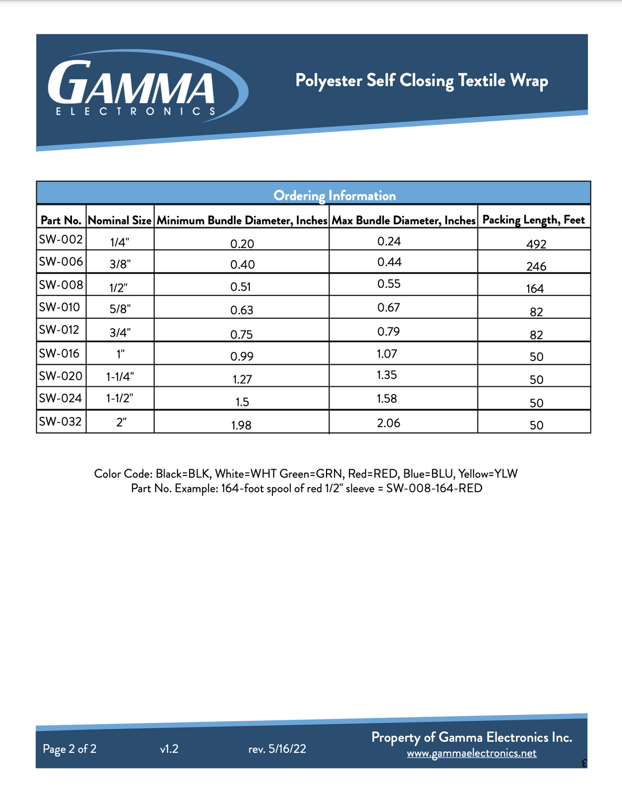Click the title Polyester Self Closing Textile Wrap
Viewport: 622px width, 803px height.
pos(422,81)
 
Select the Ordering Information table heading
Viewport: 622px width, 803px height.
pos(335,196)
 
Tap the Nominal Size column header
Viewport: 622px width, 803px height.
pos(120,220)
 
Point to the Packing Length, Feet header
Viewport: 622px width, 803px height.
pos(533,220)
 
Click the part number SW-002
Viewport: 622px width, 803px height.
pos(61,239)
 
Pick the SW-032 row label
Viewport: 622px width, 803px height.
pos(60,421)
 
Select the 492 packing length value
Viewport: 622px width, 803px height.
pos(536,244)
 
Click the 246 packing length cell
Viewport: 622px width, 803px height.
pos(536,267)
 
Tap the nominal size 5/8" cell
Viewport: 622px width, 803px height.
pos(120,309)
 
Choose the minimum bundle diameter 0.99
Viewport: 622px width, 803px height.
pos(242,356)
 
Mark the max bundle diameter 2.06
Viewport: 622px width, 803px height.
pos(389,423)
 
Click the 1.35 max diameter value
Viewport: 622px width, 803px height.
pos(387,375)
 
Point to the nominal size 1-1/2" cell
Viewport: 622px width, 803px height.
pos(120,398)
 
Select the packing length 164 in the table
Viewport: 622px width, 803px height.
pos(535,289)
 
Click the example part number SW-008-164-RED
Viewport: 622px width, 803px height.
pos(434,488)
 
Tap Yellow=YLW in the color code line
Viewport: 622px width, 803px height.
pos(488,474)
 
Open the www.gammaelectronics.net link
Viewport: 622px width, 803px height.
pos(472,753)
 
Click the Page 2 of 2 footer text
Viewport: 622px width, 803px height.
pos(70,749)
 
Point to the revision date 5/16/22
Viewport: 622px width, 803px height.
pos(287,749)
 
